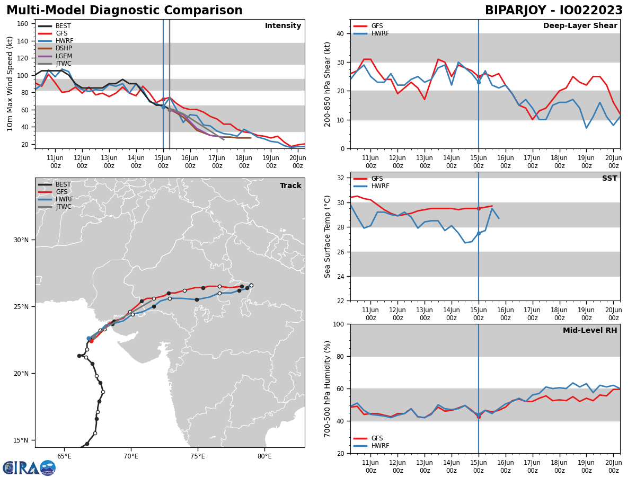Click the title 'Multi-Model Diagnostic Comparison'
125,11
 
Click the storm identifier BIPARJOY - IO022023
554,11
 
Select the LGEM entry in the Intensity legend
64,56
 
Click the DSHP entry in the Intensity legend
64,48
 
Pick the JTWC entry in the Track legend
64,207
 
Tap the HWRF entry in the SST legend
380,186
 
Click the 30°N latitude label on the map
21,240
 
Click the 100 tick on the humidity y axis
338,324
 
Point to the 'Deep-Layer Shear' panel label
580,26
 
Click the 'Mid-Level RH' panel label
590,331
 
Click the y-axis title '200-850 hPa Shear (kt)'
328,84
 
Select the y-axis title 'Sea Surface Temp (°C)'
328,236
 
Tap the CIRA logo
29,468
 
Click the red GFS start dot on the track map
91,341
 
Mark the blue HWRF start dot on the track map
89,338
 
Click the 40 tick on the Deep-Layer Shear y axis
340,34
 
